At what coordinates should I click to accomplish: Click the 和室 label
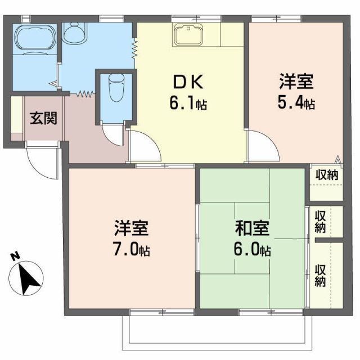pos(253,229)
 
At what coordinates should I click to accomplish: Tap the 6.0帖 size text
pos(253,250)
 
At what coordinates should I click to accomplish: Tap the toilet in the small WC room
pos(116,90)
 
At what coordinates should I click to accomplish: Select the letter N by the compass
pos(15,258)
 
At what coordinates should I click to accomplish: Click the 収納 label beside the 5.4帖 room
pos(326,175)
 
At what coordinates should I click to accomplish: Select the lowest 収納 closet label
pos(320,275)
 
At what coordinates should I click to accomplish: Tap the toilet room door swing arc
pos(115,135)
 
